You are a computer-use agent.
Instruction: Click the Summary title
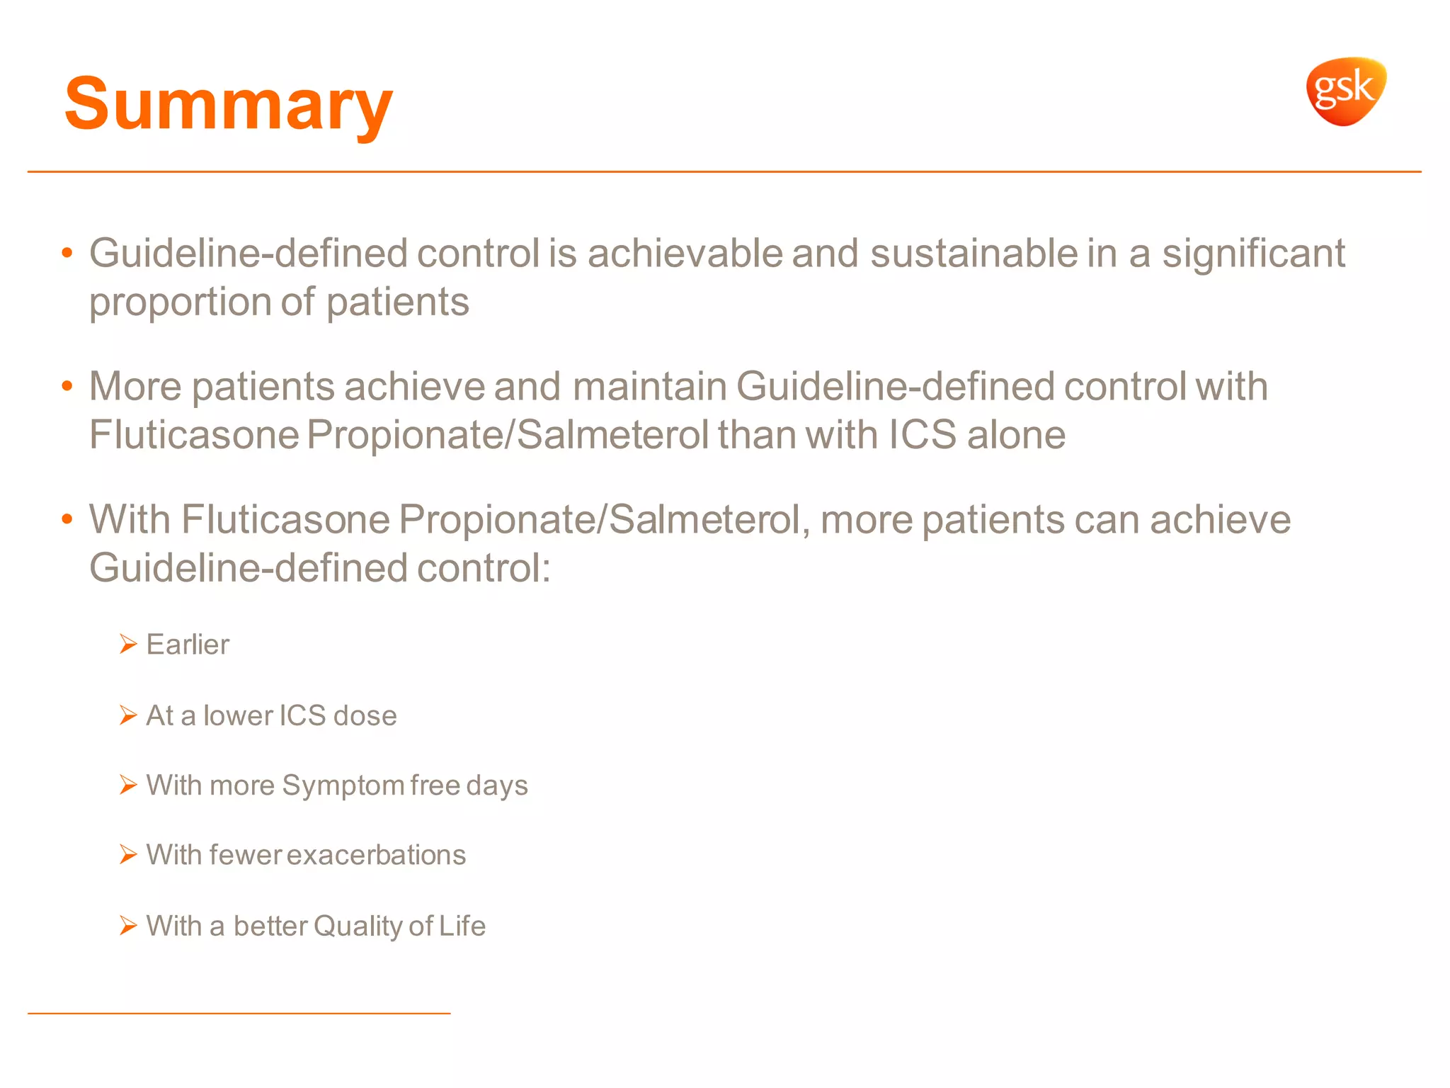pos(228,104)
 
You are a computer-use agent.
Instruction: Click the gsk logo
pos(1346,91)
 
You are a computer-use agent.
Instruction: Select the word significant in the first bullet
pos(1253,254)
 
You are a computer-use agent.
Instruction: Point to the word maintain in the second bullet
pos(649,387)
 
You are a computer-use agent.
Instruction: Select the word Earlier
pos(188,645)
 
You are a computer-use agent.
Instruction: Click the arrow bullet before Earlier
pos(128,644)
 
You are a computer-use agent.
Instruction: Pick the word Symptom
pos(343,786)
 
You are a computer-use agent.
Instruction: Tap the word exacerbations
pos(376,855)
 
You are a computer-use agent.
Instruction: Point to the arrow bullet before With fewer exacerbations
pos(128,854)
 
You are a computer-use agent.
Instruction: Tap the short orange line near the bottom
pos(239,1013)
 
